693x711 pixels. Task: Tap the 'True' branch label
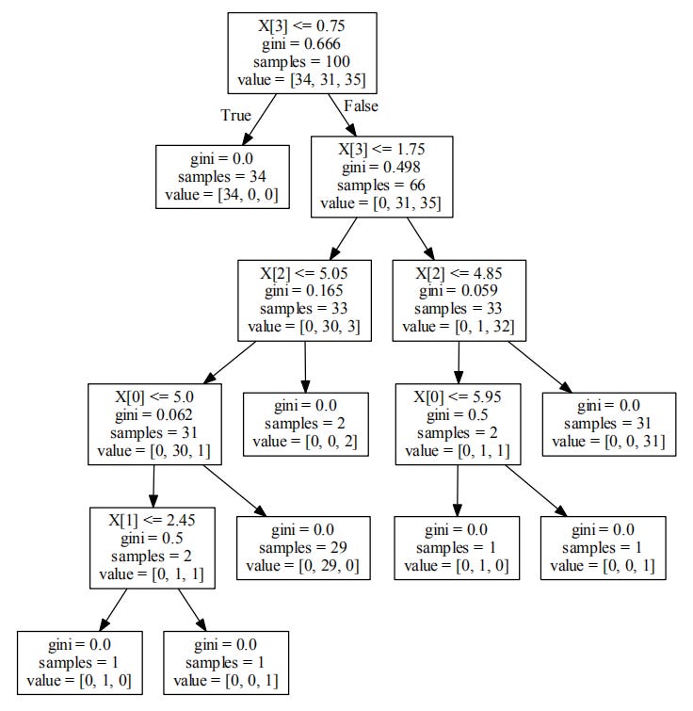point(235,116)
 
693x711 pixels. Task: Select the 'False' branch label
point(361,106)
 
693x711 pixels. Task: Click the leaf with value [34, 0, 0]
point(221,176)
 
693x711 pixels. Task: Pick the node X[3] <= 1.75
point(382,176)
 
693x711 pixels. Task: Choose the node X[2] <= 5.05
point(305,299)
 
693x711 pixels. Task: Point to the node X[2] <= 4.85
point(458,299)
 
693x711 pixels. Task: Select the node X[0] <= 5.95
point(458,423)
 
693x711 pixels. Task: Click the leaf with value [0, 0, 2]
point(305,423)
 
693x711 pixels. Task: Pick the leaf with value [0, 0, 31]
point(608,423)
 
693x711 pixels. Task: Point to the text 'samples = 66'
point(382,185)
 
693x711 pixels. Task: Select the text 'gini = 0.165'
point(305,291)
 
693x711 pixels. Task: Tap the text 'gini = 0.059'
point(458,291)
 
